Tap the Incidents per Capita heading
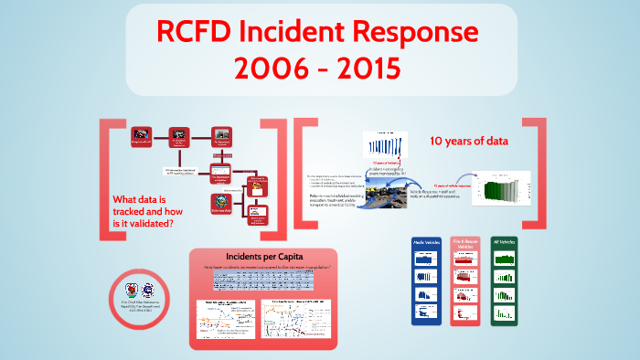click(x=263, y=255)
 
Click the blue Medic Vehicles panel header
click(x=426, y=245)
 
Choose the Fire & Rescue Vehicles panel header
click(x=466, y=245)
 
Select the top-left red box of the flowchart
click(x=141, y=136)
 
